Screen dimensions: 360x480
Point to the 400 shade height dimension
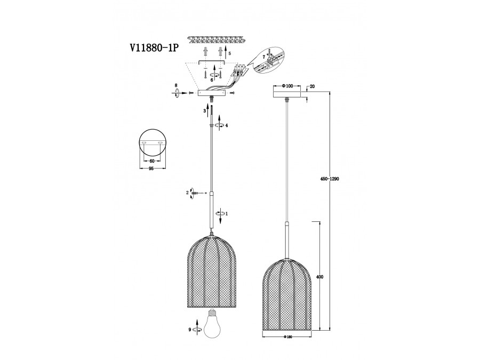tap(320, 277)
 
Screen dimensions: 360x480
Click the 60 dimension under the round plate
tap(151, 161)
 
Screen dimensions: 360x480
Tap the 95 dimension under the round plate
tap(151, 169)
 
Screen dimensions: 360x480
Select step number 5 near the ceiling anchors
tap(229, 54)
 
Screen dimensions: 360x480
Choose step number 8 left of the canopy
tap(175, 85)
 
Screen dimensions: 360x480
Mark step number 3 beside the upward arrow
tap(204, 110)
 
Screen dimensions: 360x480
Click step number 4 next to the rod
tap(227, 125)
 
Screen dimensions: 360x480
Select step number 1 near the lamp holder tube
tap(227, 213)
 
